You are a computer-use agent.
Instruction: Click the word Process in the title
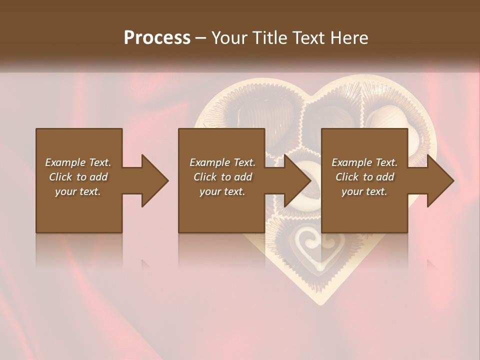157,38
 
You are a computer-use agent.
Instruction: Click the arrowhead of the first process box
154,180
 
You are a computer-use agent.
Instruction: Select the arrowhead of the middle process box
297,180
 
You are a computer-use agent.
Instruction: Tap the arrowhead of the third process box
440,180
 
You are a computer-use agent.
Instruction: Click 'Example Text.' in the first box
78,162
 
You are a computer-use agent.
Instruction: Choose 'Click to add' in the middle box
222,177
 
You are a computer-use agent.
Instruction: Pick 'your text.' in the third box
364,191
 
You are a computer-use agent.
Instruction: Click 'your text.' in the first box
78,191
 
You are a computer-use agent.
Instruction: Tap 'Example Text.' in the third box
364,162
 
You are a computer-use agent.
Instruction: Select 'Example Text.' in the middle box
222,162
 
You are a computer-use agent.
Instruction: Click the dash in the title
200,38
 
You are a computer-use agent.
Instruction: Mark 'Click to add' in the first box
78,177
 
